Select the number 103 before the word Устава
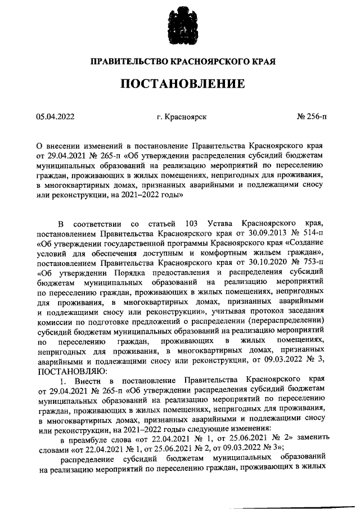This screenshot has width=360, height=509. (186, 223)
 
